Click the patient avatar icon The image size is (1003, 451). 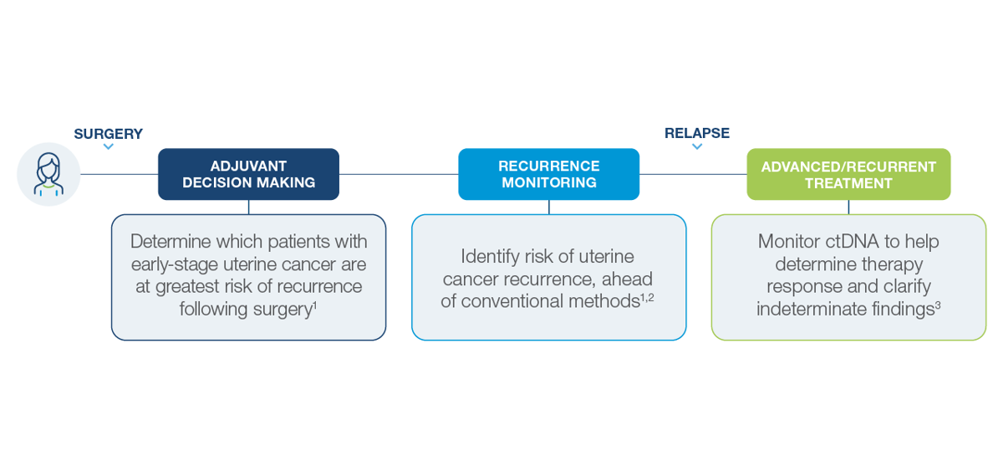tap(48, 174)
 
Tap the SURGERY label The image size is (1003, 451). tap(109, 134)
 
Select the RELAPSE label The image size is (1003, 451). tap(697, 133)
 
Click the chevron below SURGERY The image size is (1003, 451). tap(109, 146)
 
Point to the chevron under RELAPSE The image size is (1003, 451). tap(697, 146)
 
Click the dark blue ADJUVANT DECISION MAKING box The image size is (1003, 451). tap(248, 174)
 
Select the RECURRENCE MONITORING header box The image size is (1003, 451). tap(548, 174)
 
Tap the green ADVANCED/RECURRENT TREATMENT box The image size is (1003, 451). tap(848, 174)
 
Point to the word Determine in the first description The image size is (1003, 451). tap(171, 242)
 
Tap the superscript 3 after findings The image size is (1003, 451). tap(938, 305)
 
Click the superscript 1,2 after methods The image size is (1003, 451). tap(647, 297)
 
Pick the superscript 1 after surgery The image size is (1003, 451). tap(315, 305)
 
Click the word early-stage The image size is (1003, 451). tap(174, 265)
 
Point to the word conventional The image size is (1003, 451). tap(512, 301)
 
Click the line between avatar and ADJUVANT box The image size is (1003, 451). tap(119, 174)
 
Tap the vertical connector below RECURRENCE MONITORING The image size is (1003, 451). tap(549, 208)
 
